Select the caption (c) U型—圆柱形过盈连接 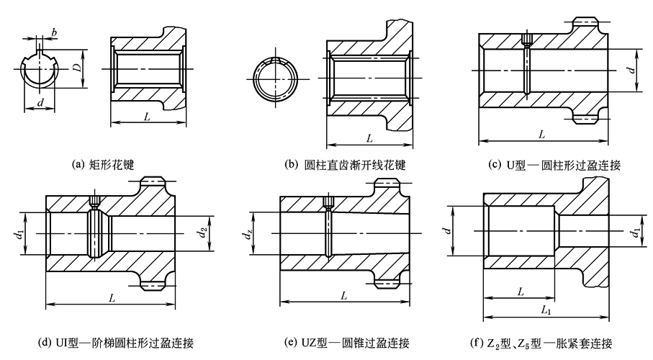click(x=554, y=165)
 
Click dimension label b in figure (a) click(x=54, y=32)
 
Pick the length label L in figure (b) click(x=369, y=137)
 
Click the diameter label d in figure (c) click(x=631, y=70)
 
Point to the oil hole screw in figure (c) click(x=527, y=41)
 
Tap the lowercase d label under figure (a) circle click(x=40, y=104)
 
